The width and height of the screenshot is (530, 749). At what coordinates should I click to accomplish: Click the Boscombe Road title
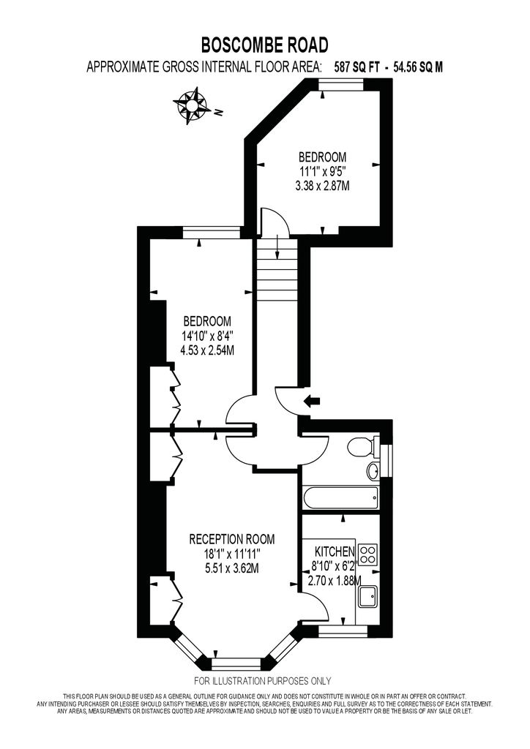[x=264, y=45]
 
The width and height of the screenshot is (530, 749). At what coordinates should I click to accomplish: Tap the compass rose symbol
[x=192, y=105]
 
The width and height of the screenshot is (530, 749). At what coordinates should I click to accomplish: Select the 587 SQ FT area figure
[x=357, y=67]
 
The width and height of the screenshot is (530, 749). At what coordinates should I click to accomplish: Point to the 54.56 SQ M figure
[x=418, y=67]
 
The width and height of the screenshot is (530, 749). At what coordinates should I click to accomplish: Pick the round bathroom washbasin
[x=373, y=472]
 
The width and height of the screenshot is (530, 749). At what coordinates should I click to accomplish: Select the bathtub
[x=340, y=497]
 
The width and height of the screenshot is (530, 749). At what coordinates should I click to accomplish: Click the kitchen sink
[x=367, y=597]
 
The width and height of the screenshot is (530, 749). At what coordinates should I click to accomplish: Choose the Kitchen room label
[x=334, y=552]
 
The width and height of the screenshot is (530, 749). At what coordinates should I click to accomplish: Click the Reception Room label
[x=232, y=539]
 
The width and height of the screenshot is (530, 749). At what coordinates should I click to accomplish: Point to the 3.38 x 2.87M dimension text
[x=323, y=185]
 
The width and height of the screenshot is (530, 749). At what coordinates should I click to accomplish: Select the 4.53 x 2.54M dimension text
[x=207, y=350]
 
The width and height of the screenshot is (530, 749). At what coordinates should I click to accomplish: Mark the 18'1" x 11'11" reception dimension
[x=232, y=554]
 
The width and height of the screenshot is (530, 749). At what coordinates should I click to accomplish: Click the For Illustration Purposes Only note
[x=262, y=681]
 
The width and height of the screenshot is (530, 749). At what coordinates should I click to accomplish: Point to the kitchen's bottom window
[x=342, y=631]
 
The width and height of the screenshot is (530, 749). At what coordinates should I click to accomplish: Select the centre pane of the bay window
[x=236, y=664]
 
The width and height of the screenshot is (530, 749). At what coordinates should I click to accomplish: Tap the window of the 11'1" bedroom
[x=342, y=84]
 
